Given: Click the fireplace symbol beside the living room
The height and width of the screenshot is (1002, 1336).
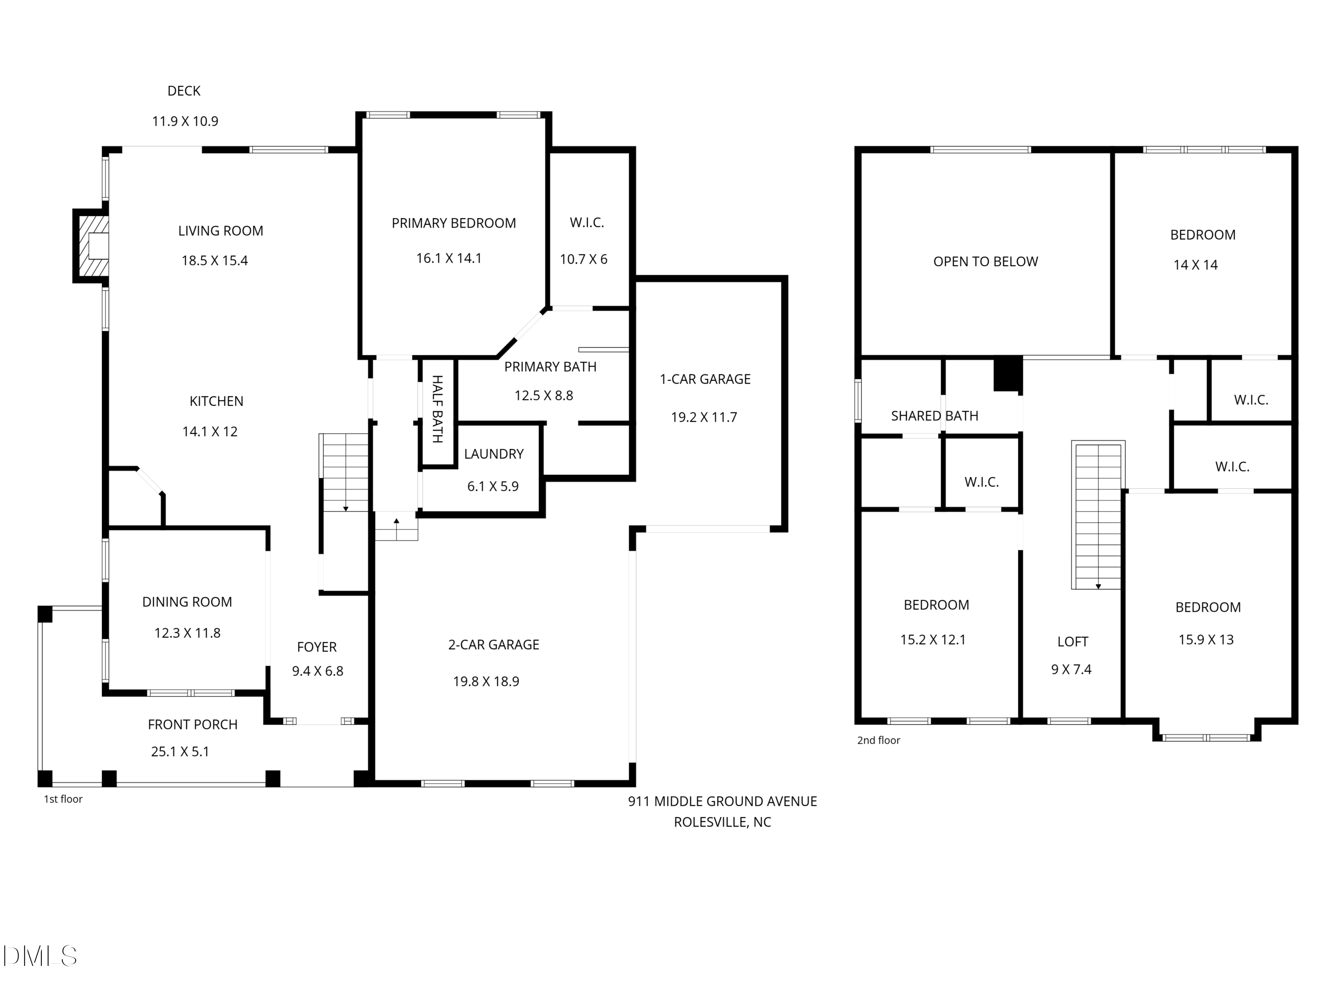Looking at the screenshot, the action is click(x=92, y=246).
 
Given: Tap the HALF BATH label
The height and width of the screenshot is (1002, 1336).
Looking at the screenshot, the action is click(x=437, y=409).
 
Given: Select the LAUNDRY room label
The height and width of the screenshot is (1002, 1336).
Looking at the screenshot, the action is click(x=493, y=454).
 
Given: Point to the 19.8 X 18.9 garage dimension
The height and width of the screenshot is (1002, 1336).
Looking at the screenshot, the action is click(x=486, y=681).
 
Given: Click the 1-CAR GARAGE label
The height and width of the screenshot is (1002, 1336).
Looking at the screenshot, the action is click(x=705, y=379).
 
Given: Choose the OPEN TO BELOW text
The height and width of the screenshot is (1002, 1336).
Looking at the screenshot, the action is click(x=986, y=261).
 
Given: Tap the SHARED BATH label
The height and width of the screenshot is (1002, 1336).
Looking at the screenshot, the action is click(x=934, y=415).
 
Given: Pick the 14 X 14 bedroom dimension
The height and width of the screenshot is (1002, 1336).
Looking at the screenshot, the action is click(x=1195, y=265).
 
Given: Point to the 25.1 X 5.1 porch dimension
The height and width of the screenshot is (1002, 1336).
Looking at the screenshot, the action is click(x=180, y=751).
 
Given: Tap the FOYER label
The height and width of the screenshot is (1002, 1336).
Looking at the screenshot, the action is click(x=317, y=647).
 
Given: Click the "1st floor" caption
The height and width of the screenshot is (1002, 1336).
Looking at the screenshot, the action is click(x=63, y=799).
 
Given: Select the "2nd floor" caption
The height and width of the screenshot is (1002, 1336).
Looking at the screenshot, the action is click(x=878, y=741).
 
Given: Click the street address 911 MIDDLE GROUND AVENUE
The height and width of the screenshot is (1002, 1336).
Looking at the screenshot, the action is click(x=722, y=802).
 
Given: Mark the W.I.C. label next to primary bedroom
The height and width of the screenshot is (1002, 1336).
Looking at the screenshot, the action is click(x=587, y=222).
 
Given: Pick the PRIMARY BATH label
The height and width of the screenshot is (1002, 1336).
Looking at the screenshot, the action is click(x=550, y=367).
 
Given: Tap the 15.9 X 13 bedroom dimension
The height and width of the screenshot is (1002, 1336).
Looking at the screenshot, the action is click(x=1206, y=639).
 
